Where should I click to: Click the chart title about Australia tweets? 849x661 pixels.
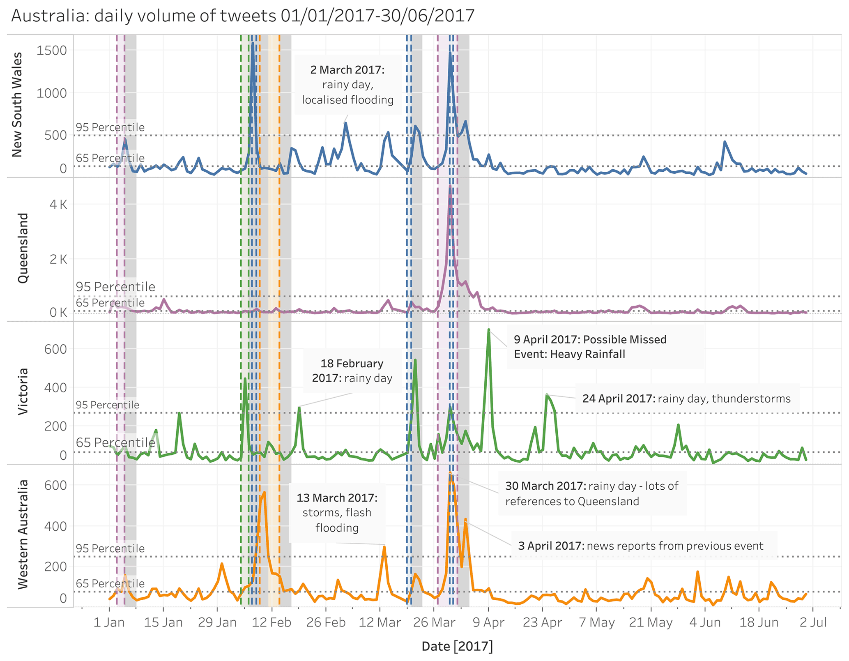[x=243, y=16]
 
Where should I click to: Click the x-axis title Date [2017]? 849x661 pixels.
[x=457, y=646]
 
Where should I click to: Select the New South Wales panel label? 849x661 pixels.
[x=17, y=105]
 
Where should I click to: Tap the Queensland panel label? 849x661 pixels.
[x=23, y=248]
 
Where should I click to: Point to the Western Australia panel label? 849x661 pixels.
[x=23, y=534]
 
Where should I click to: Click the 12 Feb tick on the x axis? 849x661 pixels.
[x=271, y=622]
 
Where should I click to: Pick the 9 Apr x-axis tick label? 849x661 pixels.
[x=488, y=622]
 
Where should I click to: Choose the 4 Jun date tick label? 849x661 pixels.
[x=705, y=622]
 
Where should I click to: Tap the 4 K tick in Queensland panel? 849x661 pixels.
[x=58, y=205]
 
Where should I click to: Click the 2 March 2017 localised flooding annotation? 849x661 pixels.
[x=347, y=85]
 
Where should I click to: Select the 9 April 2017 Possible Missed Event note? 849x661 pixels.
[x=590, y=347]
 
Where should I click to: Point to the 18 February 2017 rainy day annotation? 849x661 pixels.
[x=352, y=371]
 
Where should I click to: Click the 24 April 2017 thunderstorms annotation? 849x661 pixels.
[x=686, y=398]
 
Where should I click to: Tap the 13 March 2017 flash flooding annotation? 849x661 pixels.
[x=337, y=513]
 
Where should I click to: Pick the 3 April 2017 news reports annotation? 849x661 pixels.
[x=640, y=546]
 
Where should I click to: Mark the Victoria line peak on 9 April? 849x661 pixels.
[x=488, y=329]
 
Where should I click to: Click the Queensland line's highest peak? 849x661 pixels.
[x=450, y=187]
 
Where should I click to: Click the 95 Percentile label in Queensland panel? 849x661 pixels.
[x=115, y=287]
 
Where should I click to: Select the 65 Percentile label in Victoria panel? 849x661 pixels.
[x=115, y=442]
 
